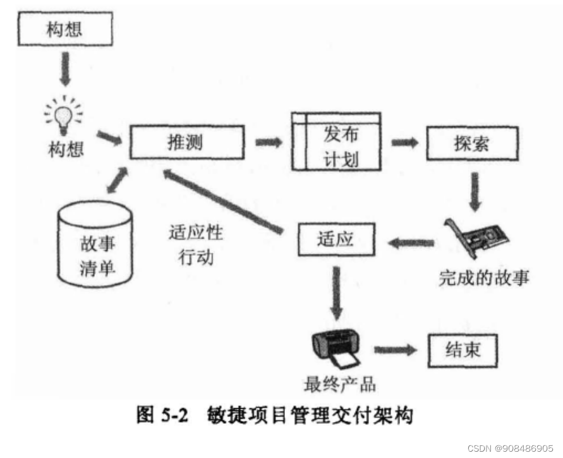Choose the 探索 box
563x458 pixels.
(x=471, y=143)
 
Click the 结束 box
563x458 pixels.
(x=463, y=349)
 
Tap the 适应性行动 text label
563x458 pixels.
(x=196, y=244)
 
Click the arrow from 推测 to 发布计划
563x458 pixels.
(x=268, y=142)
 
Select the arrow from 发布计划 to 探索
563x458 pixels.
(x=404, y=142)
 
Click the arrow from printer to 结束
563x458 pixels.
(x=396, y=349)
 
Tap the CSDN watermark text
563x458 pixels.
(x=511, y=447)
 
